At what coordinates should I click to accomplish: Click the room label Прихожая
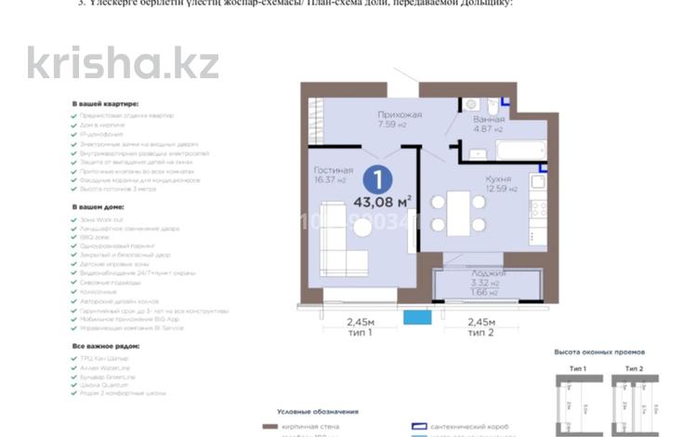click(x=400, y=114)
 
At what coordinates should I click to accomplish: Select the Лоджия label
click(x=486, y=274)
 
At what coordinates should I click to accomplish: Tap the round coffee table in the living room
click(x=362, y=227)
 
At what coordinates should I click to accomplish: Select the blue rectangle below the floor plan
click(x=417, y=317)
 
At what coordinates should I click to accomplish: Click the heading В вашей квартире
click(x=105, y=105)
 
